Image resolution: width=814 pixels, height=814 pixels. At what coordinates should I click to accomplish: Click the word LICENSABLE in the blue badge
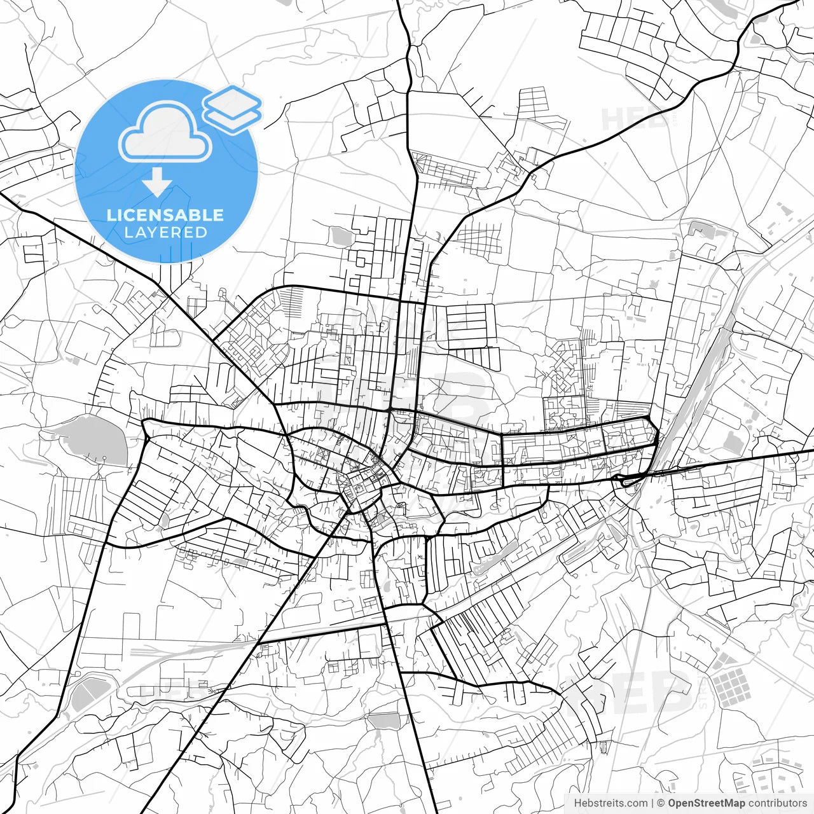[165, 215]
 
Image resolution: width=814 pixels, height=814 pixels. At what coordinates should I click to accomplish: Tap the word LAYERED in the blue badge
[165, 233]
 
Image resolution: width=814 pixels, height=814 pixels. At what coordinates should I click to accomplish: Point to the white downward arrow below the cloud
[157, 183]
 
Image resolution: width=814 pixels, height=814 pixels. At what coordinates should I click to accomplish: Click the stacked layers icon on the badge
[233, 108]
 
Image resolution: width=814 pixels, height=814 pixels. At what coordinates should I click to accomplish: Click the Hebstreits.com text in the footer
[610, 803]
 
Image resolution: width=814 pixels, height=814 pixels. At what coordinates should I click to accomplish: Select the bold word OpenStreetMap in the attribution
[706, 803]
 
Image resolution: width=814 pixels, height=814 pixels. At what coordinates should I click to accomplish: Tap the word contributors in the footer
[777, 803]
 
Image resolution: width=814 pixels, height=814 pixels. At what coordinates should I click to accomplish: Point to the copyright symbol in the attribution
[661, 803]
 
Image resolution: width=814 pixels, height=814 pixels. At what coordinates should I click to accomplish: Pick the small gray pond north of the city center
[341, 237]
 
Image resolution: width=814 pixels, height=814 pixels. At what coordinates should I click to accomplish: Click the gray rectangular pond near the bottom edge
[385, 721]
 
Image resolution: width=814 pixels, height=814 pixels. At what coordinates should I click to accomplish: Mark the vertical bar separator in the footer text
[653, 803]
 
